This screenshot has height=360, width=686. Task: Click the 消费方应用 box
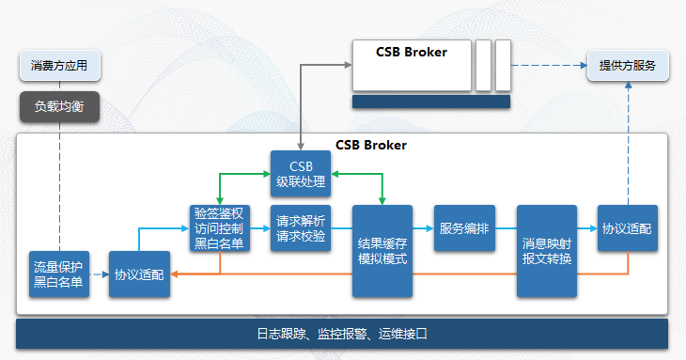pos(59,66)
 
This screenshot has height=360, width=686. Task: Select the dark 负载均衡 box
pos(59,106)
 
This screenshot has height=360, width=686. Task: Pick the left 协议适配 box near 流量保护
pos(139,274)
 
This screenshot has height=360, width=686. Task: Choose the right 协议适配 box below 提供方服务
pos(627,228)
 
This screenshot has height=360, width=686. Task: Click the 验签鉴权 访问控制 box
pos(220,228)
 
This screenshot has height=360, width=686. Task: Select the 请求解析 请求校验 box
pos(301,228)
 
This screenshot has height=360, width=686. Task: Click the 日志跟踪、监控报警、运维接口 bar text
pos(342,334)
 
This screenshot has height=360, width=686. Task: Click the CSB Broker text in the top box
pos(412,53)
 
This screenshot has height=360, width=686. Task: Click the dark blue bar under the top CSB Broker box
pos(430,102)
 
